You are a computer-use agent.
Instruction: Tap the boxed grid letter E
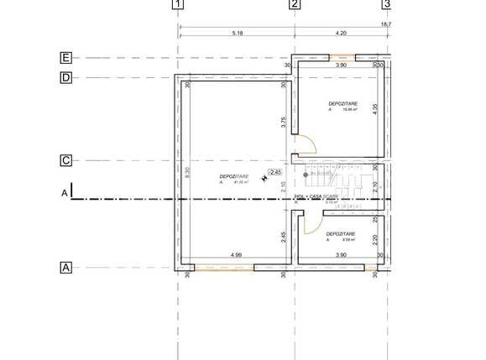click(x=65, y=58)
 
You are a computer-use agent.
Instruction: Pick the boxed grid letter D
click(x=65, y=78)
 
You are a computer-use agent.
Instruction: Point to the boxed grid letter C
click(x=65, y=160)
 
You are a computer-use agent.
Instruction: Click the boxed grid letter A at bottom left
click(x=65, y=268)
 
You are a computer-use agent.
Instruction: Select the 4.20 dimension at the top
click(x=341, y=33)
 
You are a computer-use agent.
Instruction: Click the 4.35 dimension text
click(x=375, y=108)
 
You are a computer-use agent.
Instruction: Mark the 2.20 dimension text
click(x=375, y=239)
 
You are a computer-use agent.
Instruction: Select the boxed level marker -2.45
click(x=274, y=172)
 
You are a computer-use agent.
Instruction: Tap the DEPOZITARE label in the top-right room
click(x=342, y=103)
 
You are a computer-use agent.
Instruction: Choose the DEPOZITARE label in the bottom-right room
click(x=341, y=233)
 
